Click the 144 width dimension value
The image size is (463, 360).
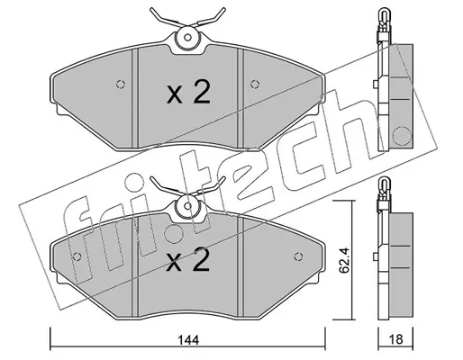pyautogui.click(x=188, y=340)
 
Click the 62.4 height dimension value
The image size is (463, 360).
pyautogui.click(x=343, y=260)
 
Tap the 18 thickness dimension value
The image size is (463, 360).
pyautogui.click(x=396, y=339)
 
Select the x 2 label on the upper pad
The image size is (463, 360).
pyautogui.click(x=188, y=92)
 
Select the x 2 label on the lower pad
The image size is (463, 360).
pyautogui.click(x=188, y=260)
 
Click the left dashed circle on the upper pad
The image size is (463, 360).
pyautogui.click(x=121, y=85)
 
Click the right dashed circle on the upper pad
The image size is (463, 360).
pyautogui.click(x=255, y=85)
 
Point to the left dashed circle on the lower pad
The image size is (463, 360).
pyautogui.click(x=77, y=256)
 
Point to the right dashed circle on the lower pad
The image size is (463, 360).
pyautogui.click(x=298, y=256)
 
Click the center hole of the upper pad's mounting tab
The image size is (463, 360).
pyautogui.click(x=187, y=38)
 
